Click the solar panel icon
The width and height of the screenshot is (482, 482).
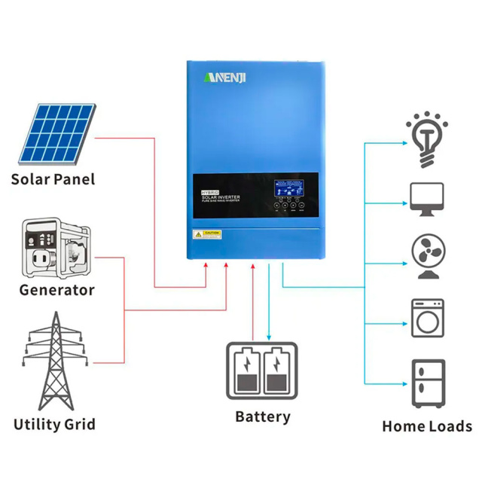click(x=53, y=133)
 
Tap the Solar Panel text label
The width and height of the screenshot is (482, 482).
click(x=53, y=179)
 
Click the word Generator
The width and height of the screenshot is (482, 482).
click(x=56, y=290)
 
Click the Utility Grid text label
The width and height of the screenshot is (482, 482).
click(x=54, y=424)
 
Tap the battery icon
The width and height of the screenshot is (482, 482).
click(x=262, y=369)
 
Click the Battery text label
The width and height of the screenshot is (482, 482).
click(x=262, y=416)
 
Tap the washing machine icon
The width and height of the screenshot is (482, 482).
click(x=427, y=318)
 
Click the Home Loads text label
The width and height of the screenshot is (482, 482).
click(x=427, y=426)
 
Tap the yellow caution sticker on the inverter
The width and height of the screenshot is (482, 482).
click(x=207, y=233)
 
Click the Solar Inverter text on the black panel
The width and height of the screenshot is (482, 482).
click(x=221, y=197)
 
